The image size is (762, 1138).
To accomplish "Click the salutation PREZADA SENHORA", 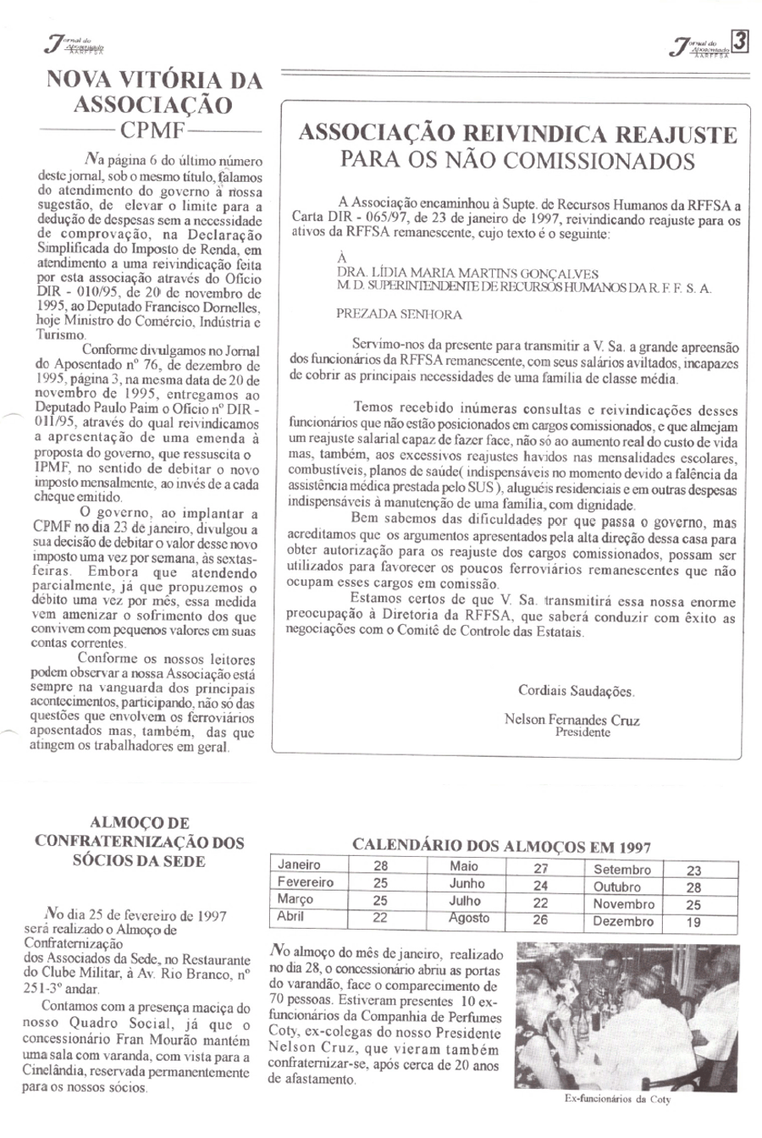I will (399, 314).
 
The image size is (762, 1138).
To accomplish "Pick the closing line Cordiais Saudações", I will (575, 691).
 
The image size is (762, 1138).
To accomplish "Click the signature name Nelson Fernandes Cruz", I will (571, 721).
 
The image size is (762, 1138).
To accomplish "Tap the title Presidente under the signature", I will (583, 733).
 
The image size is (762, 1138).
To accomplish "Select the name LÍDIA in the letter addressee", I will (411, 273).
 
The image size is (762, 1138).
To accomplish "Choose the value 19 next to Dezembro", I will (693, 922).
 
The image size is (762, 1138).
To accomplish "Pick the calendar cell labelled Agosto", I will (469, 918).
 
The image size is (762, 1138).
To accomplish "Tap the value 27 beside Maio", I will (541, 868).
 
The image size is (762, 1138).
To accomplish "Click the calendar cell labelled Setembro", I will (622, 870).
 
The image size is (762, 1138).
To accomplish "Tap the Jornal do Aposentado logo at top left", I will (71, 45).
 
